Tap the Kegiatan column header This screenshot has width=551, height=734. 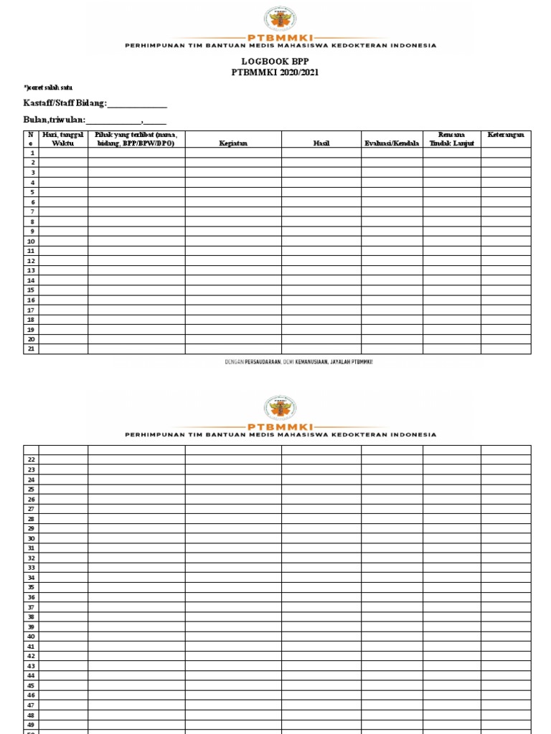coord(233,143)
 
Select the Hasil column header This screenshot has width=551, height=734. coord(321,143)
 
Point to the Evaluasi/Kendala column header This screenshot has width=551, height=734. coord(392,143)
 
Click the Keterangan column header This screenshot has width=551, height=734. coord(506,135)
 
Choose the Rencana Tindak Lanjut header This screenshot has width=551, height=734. coord(451,138)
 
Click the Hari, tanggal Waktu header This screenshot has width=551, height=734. coord(63,138)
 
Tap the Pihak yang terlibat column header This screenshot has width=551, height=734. coord(136,138)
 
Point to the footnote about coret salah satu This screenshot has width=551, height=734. coord(47,87)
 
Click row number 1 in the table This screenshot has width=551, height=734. coord(32,153)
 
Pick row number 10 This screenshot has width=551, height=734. coord(32,242)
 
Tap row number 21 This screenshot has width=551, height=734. coord(32,349)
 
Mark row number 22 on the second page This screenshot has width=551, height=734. coord(32,459)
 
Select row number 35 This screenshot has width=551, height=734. coord(32,587)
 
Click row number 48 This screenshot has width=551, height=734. coord(32,715)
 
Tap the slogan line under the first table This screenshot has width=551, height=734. coord(298,362)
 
